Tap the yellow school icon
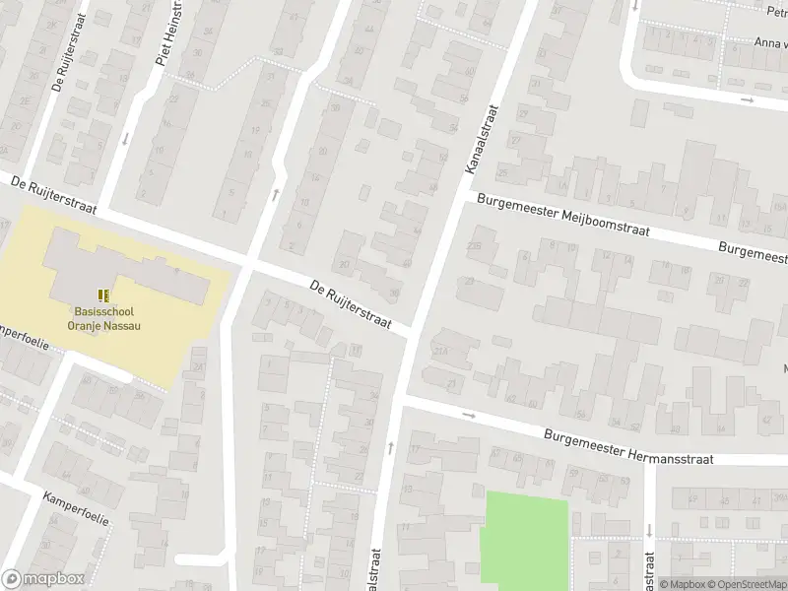click(x=104, y=295)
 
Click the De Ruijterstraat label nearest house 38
click(x=351, y=303)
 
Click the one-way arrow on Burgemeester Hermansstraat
click(x=469, y=415)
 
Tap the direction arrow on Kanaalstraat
click(x=391, y=448)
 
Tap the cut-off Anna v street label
click(x=769, y=42)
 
